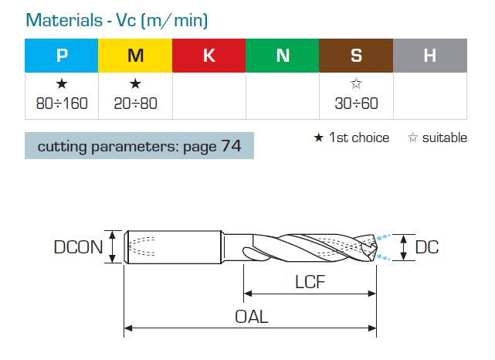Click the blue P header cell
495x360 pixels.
click(62, 56)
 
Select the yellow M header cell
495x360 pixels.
click(135, 56)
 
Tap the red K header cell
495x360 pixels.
click(209, 56)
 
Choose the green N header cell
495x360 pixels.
click(283, 56)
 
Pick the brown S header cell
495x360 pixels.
click(356, 56)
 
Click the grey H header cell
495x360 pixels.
click(430, 56)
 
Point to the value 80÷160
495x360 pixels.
click(62, 104)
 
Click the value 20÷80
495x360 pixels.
click(135, 104)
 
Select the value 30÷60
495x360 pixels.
click(357, 104)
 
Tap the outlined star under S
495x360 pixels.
click(356, 83)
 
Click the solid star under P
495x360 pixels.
click(62, 83)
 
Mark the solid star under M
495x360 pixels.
click(135, 83)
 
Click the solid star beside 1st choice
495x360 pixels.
click(318, 138)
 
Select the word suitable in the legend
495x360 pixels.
click(445, 138)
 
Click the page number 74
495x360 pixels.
click(231, 146)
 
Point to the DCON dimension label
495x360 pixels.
click(78, 247)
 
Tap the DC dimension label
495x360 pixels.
click(427, 247)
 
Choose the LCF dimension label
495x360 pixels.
click(310, 282)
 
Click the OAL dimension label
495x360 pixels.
click(252, 317)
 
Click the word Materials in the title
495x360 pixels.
click(64, 21)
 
